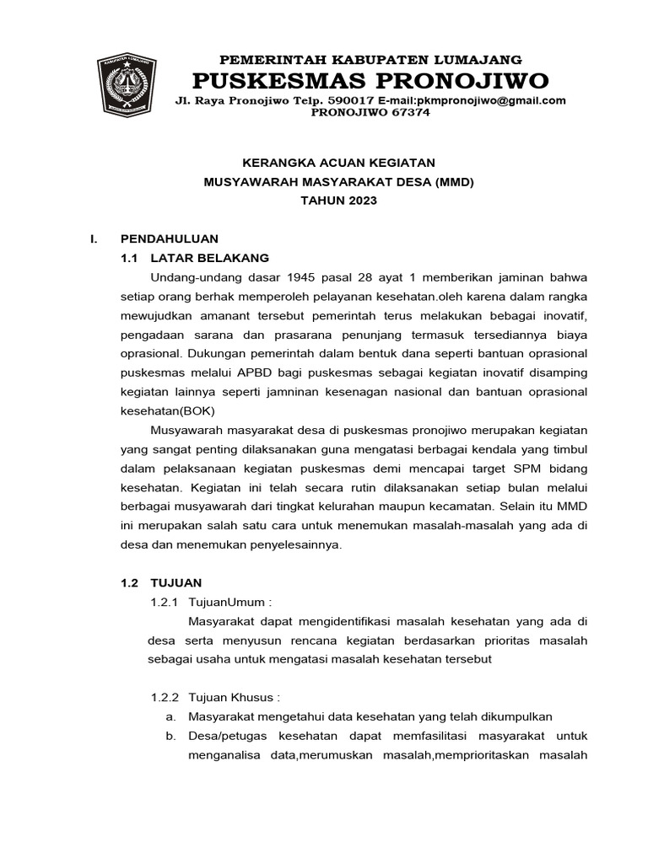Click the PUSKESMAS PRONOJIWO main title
(x=370, y=81)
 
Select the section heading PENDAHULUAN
(x=170, y=239)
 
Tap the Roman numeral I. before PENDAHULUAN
(x=94, y=239)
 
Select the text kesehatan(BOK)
(x=168, y=411)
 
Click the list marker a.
(x=170, y=716)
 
